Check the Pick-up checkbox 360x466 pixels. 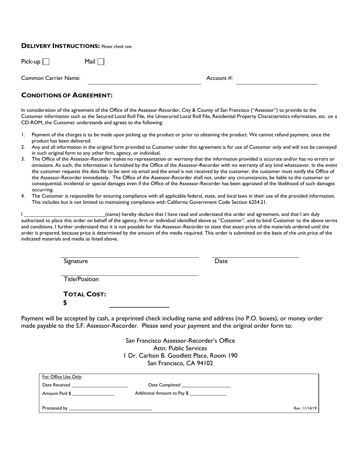46,61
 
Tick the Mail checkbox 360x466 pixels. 101,61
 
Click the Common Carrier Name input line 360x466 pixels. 144,81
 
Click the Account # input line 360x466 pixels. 276,81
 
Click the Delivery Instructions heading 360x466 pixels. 60,46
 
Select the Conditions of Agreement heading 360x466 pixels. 67,95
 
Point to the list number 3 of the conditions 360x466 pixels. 23,159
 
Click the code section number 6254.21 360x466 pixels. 258,202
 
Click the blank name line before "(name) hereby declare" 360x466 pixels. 64,214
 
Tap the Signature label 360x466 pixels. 76,261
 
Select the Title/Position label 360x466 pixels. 81,279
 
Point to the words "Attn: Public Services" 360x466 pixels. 180,348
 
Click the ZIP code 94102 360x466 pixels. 204,363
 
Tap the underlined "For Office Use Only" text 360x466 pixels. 62,377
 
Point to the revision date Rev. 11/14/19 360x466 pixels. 305,408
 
